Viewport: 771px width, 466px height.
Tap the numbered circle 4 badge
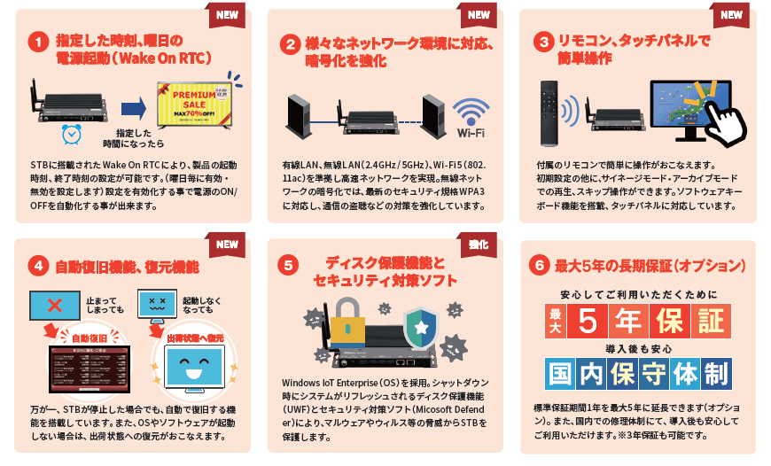pyautogui.click(x=36, y=265)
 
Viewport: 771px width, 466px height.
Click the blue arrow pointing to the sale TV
pyautogui.click(x=133, y=107)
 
